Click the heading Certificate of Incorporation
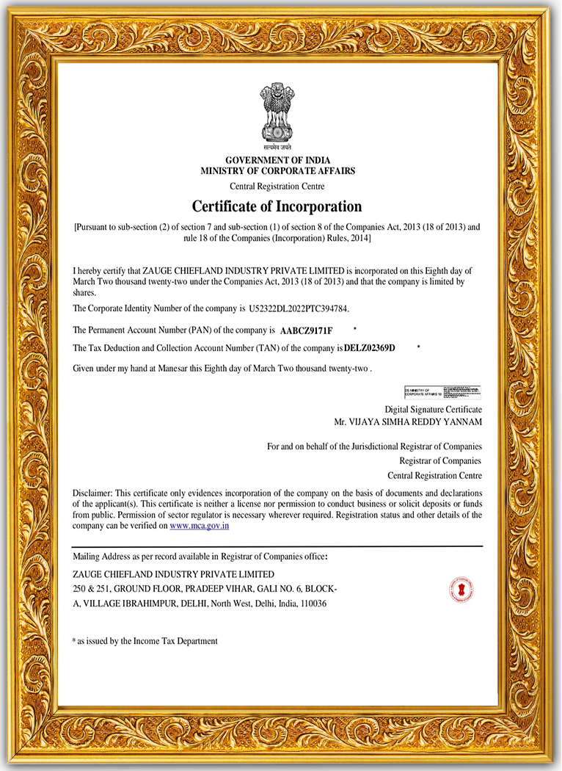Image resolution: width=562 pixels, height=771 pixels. click(x=277, y=206)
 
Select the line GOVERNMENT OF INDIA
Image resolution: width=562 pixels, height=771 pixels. click(x=277, y=160)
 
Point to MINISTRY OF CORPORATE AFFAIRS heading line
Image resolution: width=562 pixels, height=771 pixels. click(x=277, y=171)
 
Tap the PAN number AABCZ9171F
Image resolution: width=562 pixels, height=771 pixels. click(x=306, y=331)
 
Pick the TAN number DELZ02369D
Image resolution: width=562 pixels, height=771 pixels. click(x=369, y=348)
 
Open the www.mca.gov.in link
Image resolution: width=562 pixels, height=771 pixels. click(x=200, y=526)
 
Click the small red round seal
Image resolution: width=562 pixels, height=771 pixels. click(x=461, y=590)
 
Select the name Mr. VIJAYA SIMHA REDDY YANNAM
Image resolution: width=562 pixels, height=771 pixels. click(x=408, y=422)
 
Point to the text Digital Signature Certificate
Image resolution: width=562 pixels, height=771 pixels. click(x=433, y=409)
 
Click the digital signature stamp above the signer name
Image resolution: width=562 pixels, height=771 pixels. click(x=442, y=391)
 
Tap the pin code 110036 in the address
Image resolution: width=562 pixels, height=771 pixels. click(x=314, y=604)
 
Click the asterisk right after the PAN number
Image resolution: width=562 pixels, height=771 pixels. click(x=354, y=328)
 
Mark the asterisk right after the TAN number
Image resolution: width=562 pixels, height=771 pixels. click(x=418, y=345)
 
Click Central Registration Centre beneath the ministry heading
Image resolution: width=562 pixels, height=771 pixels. click(x=277, y=187)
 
